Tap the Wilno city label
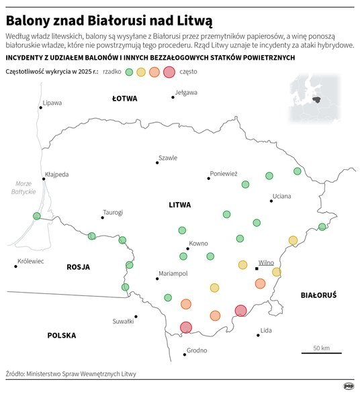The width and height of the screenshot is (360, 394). [x=267, y=262]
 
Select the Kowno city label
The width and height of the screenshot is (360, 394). [x=199, y=243]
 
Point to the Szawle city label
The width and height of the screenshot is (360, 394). [x=167, y=158]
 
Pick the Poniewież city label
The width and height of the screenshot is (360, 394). [x=224, y=173]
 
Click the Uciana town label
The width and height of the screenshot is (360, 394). [x=281, y=197]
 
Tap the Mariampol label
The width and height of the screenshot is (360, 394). [x=173, y=274]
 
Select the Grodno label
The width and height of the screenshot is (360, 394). [x=197, y=350]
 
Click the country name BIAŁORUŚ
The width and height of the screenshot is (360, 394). [x=318, y=294]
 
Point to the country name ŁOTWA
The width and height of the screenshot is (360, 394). [x=124, y=99]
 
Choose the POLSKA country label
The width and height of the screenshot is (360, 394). [x=61, y=335]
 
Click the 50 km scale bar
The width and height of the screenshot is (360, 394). [x=321, y=352]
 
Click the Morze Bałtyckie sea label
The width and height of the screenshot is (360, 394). [x=23, y=188]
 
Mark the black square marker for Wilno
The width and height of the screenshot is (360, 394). [x=257, y=268]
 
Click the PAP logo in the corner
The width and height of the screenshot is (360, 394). [x=349, y=385]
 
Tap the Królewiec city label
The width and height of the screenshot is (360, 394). [x=30, y=261]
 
